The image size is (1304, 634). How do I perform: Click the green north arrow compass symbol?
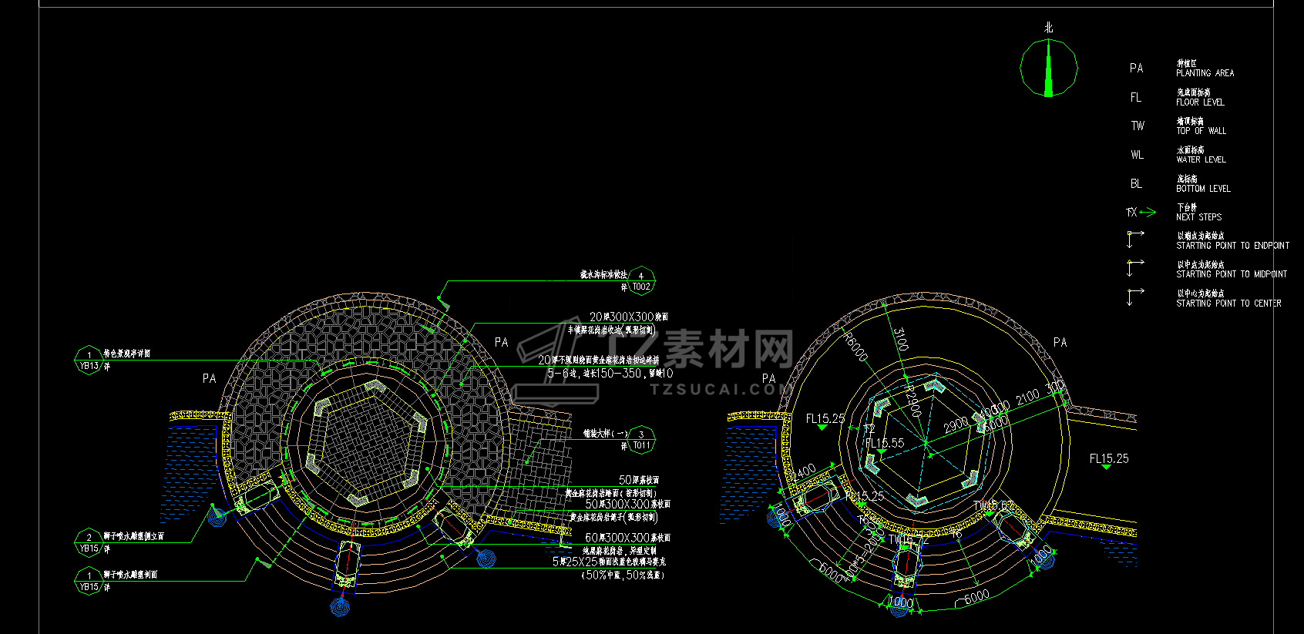[1048, 68]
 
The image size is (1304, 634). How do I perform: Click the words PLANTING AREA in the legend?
[1205, 73]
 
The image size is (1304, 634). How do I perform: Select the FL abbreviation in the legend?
[1136, 98]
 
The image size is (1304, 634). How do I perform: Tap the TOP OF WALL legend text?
[1201, 131]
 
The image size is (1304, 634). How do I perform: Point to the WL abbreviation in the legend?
[1137, 155]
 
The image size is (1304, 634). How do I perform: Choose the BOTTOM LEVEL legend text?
[1203, 189]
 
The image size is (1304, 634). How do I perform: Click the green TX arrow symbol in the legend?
[1141, 212]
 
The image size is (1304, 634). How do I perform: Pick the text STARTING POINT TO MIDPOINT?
[1231, 274]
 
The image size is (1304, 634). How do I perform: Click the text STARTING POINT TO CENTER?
[1228, 304]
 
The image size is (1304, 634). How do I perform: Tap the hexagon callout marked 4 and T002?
[640, 281]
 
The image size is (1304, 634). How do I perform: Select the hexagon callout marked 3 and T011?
[640, 440]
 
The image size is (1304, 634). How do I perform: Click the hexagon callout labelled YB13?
[89, 361]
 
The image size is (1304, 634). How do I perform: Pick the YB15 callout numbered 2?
[89, 542]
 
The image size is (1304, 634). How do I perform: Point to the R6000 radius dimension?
[856, 347]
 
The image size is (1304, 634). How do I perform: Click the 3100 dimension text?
[900, 339]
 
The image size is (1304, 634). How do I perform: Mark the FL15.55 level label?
[884, 443]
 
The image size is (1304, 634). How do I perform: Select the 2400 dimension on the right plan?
[803, 471]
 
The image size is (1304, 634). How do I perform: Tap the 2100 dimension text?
[1027, 398]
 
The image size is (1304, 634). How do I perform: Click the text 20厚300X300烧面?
[629, 317]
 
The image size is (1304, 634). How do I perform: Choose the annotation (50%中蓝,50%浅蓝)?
[623, 575]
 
